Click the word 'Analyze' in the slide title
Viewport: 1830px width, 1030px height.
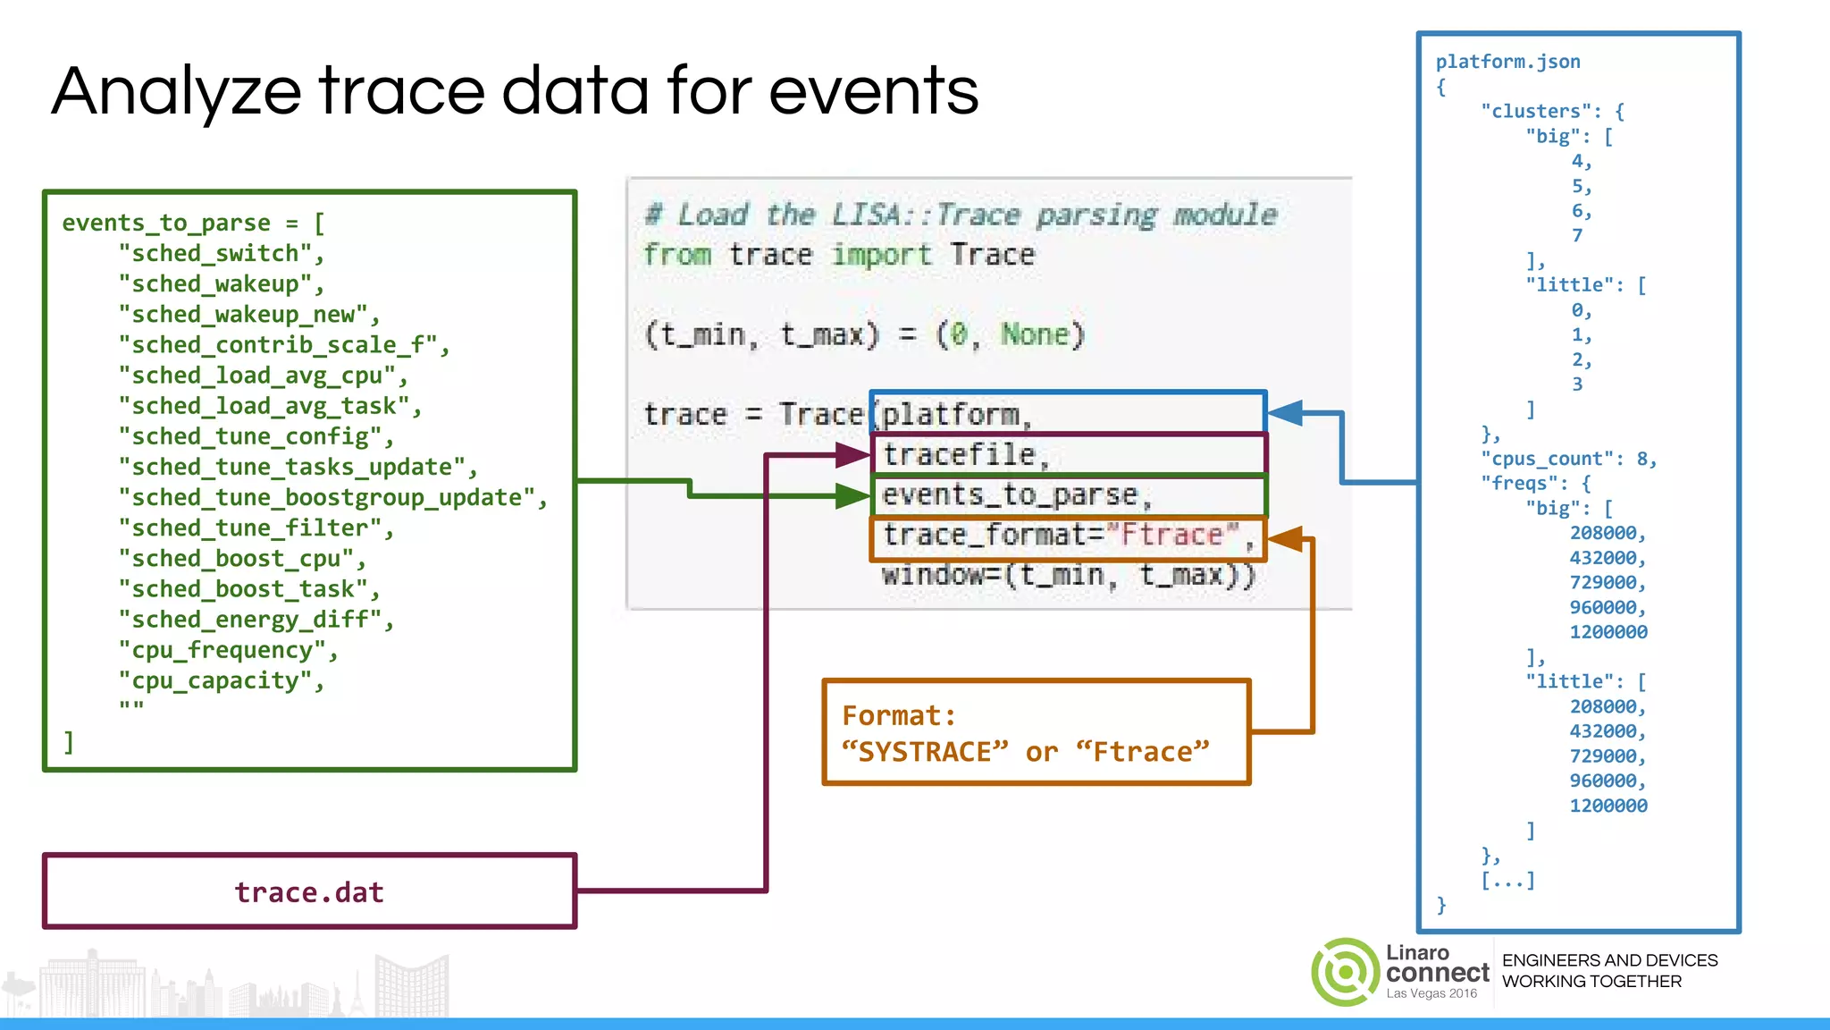tap(176, 93)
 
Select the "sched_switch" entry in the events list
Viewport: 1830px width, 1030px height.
tap(221, 254)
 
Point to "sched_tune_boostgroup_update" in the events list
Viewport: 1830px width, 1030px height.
tap(332, 498)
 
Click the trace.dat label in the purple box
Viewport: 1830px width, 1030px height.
tap(309, 892)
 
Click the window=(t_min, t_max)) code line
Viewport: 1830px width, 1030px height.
tap(1069, 575)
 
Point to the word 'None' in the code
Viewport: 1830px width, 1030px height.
tap(1034, 334)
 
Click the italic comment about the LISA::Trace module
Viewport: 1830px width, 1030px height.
tap(961, 215)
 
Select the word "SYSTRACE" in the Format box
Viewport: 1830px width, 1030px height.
tap(925, 752)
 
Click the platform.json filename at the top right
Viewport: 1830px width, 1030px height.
tap(1507, 62)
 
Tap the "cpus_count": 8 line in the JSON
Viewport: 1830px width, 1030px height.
tap(1568, 459)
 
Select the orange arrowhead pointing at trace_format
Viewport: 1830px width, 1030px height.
tap(1285, 539)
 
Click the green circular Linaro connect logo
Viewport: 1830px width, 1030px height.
tap(1345, 972)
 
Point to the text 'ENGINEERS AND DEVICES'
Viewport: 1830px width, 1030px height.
tap(1609, 960)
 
